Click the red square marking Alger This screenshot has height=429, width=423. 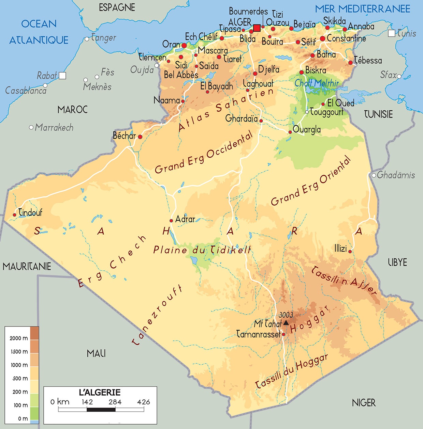point(257,28)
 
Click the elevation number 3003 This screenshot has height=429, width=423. point(286,315)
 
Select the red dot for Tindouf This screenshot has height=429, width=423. point(14,215)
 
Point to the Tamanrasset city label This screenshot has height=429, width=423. point(258,334)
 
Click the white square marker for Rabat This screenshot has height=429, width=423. point(62,76)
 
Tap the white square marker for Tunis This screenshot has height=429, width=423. point(392,33)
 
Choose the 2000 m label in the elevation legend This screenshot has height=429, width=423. point(19,338)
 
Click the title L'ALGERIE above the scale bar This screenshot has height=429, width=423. point(100,392)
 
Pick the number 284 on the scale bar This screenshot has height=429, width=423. point(115,402)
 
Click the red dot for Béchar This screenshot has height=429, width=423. point(140,137)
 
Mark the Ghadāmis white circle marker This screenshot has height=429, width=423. point(374,175)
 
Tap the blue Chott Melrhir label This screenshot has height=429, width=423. point(317,83)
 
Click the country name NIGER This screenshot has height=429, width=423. point(364,403)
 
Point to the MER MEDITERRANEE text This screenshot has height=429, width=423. point(362,9)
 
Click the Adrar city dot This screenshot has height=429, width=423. point(171,221)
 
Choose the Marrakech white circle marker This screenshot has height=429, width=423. point(31,127)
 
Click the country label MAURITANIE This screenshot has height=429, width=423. point(27,266)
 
